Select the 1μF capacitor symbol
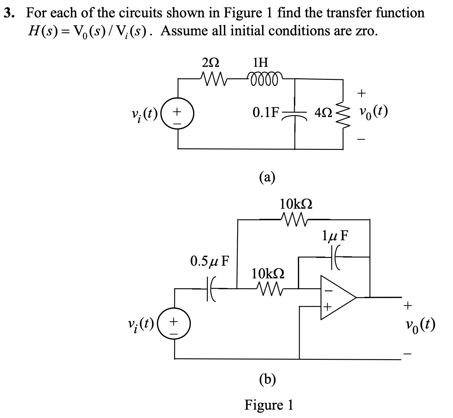click(337, 256)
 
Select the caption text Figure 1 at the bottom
click(269, 404)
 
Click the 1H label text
click(260, 63)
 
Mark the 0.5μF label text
click(209, 261)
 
